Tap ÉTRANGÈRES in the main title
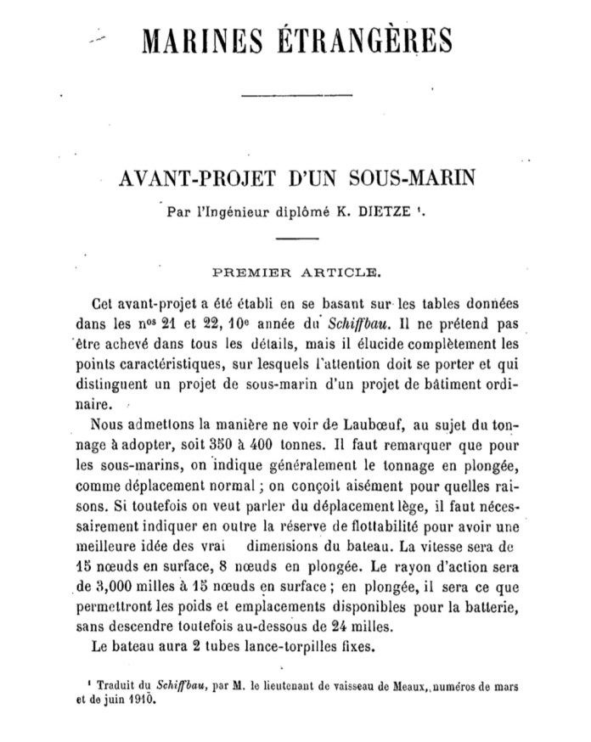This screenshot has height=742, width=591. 368,40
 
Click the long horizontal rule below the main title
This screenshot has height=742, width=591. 295,100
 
